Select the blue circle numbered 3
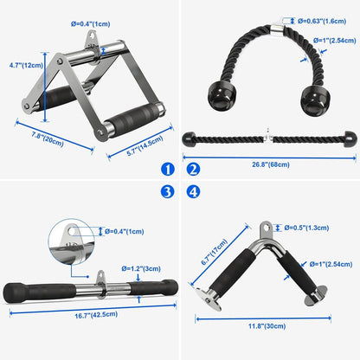pos(167,191)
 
